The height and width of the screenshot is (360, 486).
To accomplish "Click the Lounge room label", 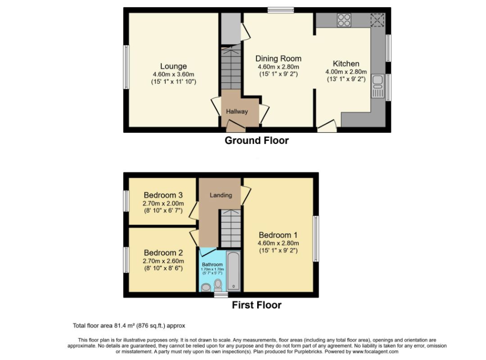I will click(x=173, y=67).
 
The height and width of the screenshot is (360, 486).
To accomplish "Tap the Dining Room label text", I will click(x=278, y=58).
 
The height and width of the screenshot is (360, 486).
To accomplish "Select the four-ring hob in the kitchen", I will click(x=344, y=19).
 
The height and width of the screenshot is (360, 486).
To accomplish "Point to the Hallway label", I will click(x=237, y=112).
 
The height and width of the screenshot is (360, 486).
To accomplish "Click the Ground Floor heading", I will click(x=256, y=140).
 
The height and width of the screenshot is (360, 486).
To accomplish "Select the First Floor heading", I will click(x=256, y=305).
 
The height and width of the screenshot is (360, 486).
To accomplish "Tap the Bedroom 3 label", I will click(x=163, y=195).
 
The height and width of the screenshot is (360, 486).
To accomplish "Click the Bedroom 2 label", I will click(x=163, y=252).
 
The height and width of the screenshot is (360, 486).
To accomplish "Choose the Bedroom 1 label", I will click(x=278, y=235).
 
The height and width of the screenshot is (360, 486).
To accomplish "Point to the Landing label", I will click(x=221, y=195).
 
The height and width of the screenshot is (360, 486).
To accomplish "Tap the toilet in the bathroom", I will click(x=218, y=284).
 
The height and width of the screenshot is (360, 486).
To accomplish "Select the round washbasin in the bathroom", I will click(x=206, y=287).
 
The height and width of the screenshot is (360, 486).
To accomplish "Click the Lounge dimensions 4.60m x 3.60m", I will click(x=173, y=74).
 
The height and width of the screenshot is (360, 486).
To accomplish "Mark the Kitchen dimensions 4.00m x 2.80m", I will click(x=346, y=72).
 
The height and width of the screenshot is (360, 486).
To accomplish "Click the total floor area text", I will click(x=129, y=325).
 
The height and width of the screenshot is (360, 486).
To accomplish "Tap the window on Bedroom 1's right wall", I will click(x=316, y=238).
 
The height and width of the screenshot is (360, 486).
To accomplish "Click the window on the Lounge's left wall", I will click(x=126, y=67).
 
